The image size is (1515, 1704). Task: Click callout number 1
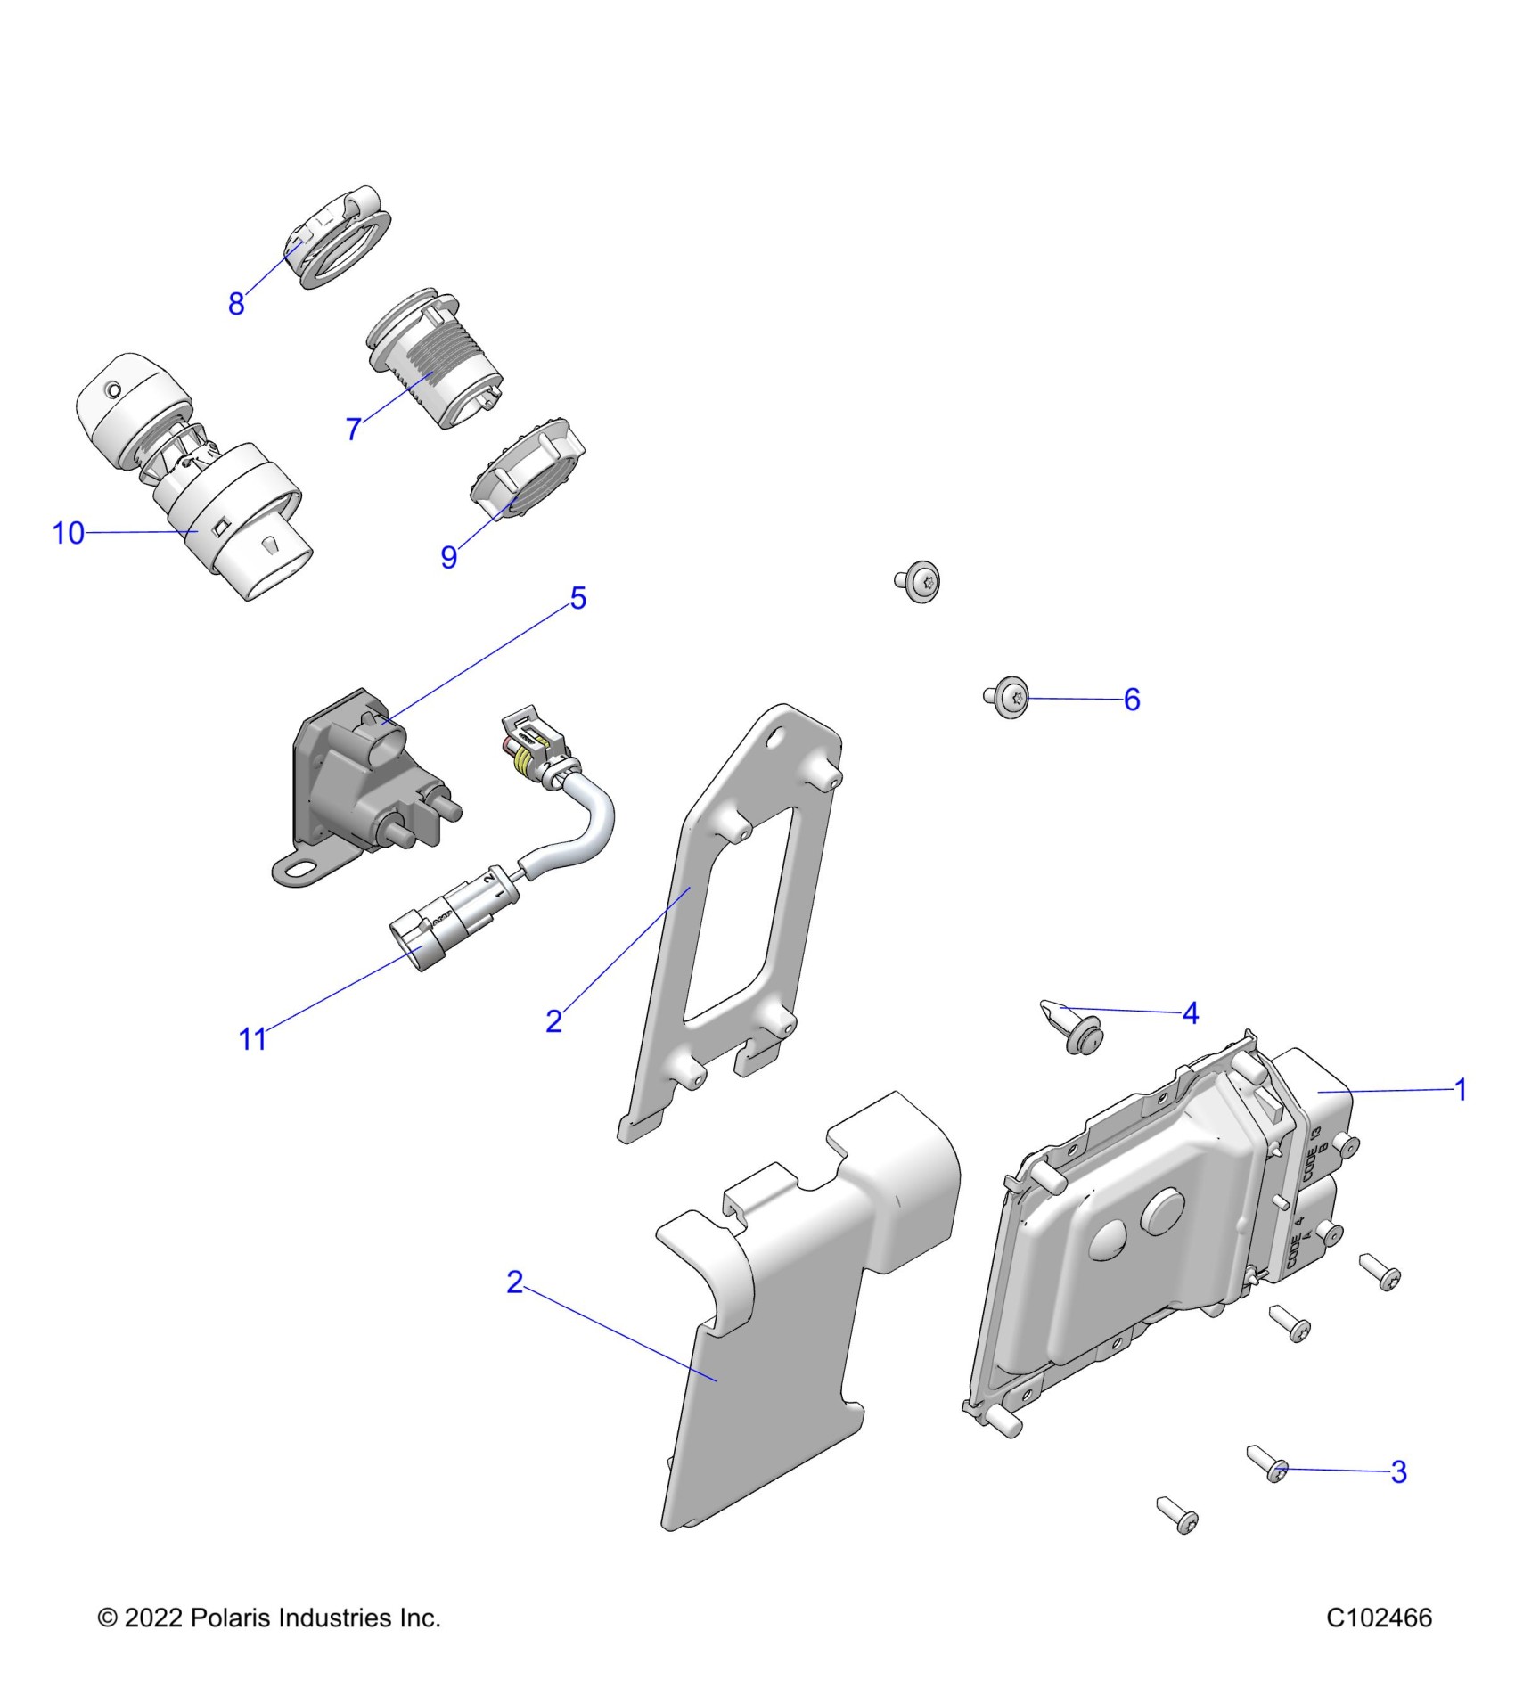1461,1089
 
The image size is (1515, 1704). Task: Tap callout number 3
1399,1471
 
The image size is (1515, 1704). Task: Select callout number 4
1191,1013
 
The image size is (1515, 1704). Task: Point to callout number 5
578,598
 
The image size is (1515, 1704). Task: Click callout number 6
1132,700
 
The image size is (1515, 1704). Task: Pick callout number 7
354,429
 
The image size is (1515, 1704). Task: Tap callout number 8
236,303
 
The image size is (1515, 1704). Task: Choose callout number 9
449,557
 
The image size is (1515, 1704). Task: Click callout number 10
68,533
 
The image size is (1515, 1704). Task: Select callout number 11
252,1038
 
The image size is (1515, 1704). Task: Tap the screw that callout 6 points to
1009,697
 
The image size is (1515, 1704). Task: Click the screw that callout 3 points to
1271,1467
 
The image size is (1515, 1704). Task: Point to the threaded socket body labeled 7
428,365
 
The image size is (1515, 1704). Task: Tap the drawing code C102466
1379,1618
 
